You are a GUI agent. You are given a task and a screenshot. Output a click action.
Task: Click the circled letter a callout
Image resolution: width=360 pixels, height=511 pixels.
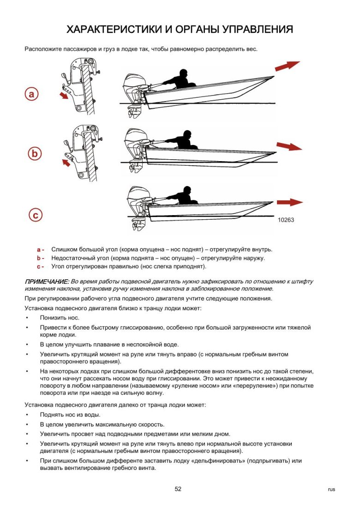[31, 94]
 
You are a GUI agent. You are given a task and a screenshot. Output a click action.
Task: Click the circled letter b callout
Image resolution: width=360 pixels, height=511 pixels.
[35, 153]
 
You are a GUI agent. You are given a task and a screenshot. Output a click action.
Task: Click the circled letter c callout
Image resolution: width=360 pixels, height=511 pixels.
[35, 215]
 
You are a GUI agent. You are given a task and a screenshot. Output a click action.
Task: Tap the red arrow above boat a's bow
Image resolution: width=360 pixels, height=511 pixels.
[287, 66]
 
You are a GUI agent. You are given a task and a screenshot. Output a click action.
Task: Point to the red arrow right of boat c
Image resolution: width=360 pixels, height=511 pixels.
[289, 202]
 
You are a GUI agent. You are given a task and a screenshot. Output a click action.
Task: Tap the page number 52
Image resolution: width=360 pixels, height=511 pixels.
[178, 489]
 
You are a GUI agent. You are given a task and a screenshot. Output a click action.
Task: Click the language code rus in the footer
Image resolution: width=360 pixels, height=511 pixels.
[331, 490]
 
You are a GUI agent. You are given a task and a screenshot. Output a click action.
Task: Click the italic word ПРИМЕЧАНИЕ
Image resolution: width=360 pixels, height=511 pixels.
[47, 281]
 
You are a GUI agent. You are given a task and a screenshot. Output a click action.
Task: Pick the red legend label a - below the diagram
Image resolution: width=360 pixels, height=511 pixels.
[41, 249]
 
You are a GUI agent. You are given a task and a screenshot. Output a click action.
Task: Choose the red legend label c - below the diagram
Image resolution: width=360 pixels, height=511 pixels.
[41, 266]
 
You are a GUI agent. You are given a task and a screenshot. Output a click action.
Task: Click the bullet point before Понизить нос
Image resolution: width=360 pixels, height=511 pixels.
[27, 318]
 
